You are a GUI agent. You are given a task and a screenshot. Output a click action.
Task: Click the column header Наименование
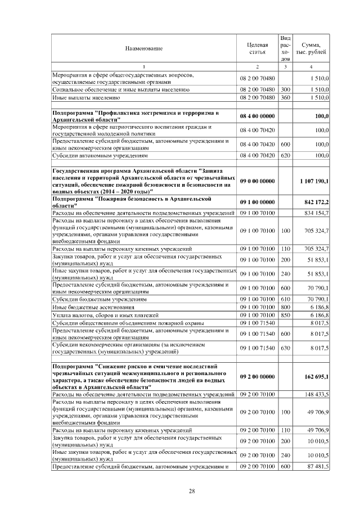[143, 48]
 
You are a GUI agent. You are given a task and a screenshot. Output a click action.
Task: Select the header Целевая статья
[256, 48]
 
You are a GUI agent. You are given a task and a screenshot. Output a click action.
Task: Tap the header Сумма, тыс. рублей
[311, 48]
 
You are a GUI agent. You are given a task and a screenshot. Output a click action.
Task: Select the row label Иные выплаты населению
[77, 97]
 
